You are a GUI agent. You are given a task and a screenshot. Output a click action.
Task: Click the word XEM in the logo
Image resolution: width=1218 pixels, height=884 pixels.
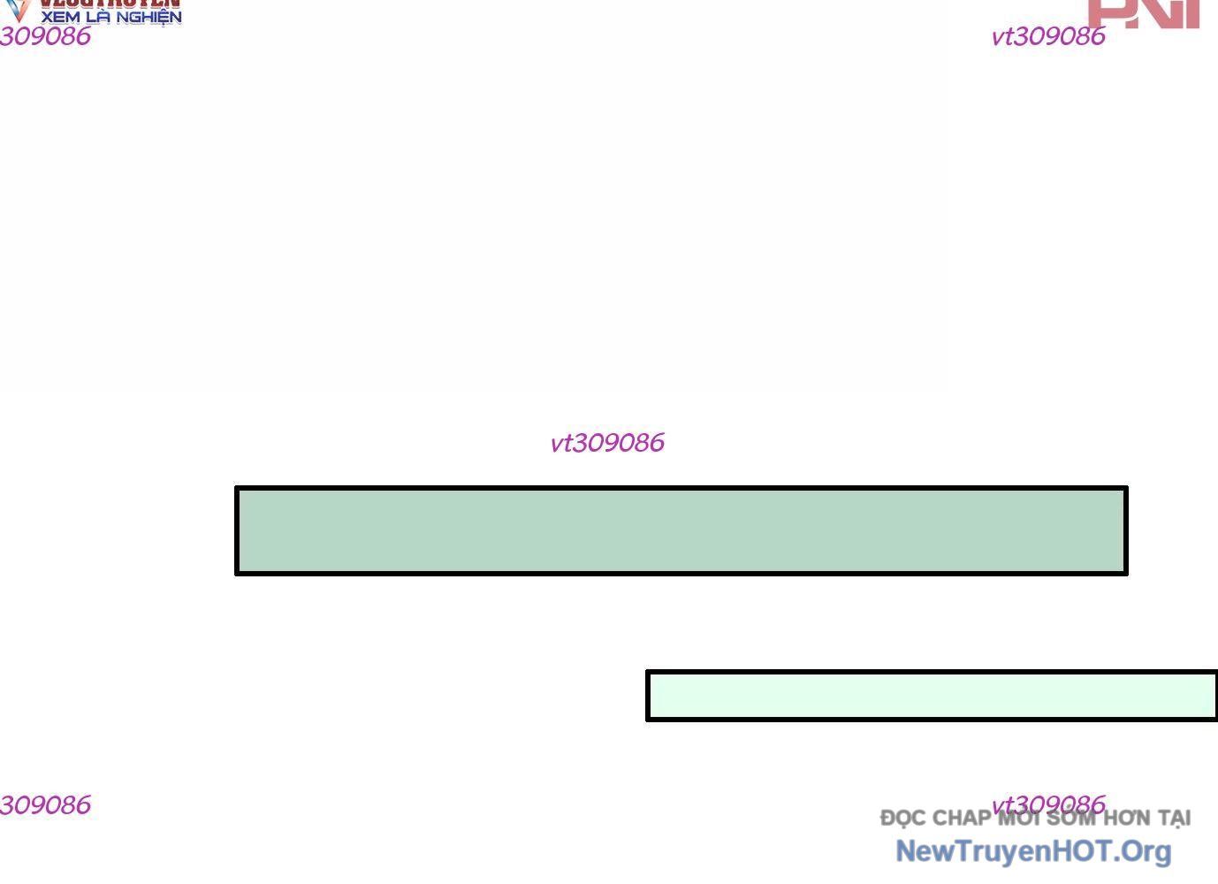(x=61, y=17)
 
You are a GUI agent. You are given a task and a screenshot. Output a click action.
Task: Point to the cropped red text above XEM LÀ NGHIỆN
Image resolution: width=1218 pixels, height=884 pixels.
(x=110, y=4)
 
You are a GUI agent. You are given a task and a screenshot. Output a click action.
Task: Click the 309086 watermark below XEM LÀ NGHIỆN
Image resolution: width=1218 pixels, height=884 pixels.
(x=45, y=36)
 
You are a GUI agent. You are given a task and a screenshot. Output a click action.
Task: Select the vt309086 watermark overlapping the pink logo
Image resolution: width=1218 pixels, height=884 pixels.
(x=1047, y=36)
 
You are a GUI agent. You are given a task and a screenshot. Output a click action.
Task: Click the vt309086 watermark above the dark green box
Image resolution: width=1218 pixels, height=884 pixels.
(x=606, y=443)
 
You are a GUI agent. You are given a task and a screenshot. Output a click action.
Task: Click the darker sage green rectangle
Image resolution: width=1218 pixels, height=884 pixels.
(x=681, y=530)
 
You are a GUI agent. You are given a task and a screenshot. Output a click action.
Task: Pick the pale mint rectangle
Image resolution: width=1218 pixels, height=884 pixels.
(x=932, y=696)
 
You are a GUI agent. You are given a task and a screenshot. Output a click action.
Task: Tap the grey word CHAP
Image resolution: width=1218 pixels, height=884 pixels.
(x=961, y=819)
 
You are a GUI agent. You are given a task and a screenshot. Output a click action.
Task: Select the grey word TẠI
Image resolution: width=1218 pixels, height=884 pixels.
(x=1174, y=819)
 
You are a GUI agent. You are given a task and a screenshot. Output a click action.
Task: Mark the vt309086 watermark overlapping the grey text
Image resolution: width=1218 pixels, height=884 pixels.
(x=1047, y=804)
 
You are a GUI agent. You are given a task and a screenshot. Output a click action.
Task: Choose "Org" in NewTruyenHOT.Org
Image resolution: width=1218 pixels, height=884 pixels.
(x=1146, y=851)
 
